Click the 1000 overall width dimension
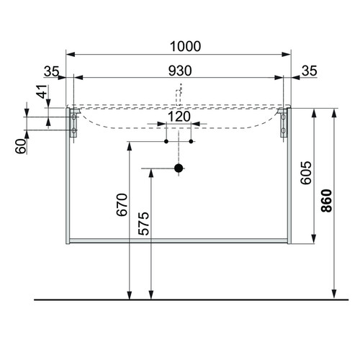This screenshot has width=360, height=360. click(185, 46)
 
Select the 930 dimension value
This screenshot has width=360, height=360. click(180, 71)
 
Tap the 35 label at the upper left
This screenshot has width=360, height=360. click(51, 71)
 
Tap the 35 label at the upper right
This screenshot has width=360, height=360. click(310, 71)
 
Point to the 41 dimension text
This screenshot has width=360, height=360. click(42, 91)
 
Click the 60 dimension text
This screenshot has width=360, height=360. click(21, 146)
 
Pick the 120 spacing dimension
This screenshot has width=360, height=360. click(179, 117)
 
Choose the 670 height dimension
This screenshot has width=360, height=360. click(122, 204)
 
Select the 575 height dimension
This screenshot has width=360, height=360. click(143, 224)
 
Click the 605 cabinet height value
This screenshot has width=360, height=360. click(306, 173)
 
